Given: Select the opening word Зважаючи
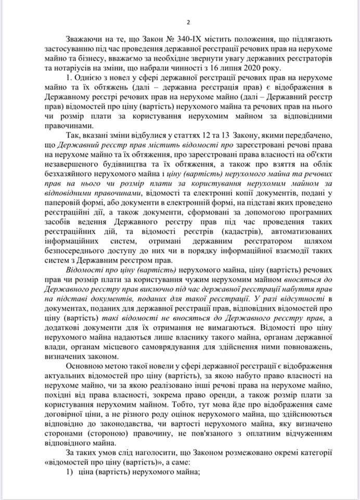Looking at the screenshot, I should pyautogui.click(x=84, y=40).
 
